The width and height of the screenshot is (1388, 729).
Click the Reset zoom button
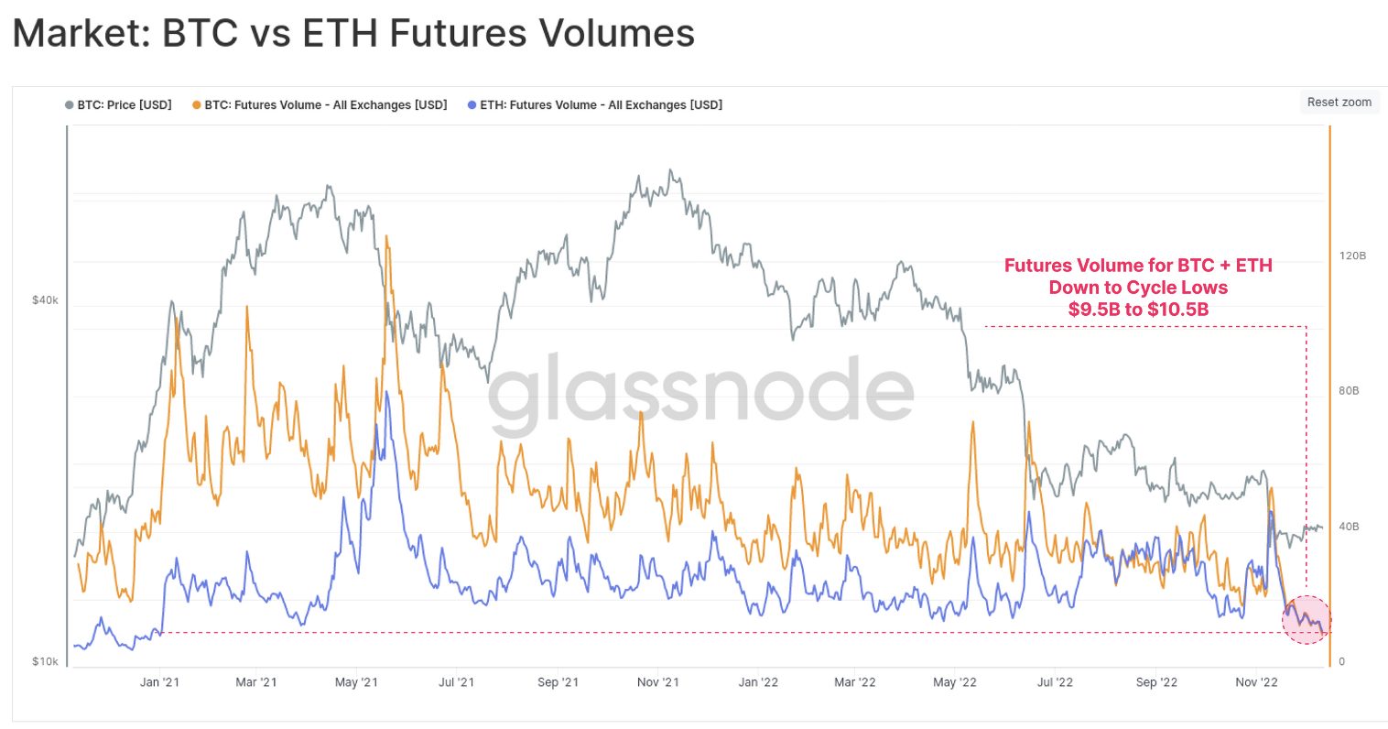click(x=1339, y=103)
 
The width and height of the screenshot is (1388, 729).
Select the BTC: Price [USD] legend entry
click(x=119, y=105)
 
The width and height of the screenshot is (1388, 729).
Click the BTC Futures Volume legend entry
click(x=320, y=105)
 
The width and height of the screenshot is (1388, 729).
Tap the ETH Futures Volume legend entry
click(x=595, y=105)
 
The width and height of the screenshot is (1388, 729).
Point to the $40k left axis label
click(x=45, y=300)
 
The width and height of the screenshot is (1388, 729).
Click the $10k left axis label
click(x=45, y=661)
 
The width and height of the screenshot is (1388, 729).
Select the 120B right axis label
click(x=1352, y=256)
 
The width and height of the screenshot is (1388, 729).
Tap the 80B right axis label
click(x=1349, y=391)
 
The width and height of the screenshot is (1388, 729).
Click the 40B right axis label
click(x=1349, y=527)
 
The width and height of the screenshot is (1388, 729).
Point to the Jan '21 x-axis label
click(x=159, y=682)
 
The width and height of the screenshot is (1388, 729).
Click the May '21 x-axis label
click(x=356, y=682)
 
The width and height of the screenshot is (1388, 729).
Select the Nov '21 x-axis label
click(x=658, y=682)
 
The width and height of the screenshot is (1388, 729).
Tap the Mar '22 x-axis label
click(x=854, y=682)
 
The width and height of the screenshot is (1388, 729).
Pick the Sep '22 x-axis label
click(x=1156, y=682)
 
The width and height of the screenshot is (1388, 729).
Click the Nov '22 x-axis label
click(x=1256, y=682)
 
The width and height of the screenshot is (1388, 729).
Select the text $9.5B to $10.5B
click(x=1138, y=310)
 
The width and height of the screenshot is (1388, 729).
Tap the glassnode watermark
click(x=700, y=394)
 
